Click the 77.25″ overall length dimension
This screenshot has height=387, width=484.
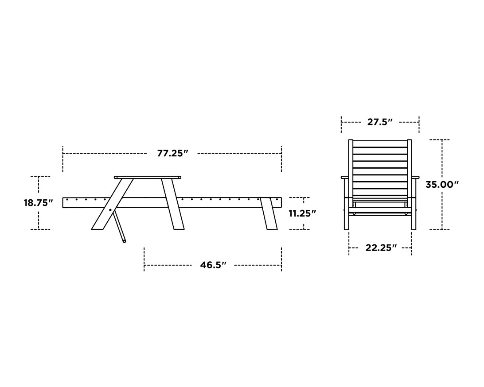click(172, 154)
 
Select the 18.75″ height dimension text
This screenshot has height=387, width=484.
click(38, 203)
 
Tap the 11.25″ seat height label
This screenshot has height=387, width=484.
click(302, 213)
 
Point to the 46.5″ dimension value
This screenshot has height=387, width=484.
click(213, 265)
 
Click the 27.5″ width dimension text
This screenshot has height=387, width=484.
click(380, 122)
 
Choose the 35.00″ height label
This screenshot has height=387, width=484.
click(442, 185)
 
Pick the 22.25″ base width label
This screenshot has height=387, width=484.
click(381, 248)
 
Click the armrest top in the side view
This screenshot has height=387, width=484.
click(147, 177)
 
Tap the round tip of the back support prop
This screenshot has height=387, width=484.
click(124, 241)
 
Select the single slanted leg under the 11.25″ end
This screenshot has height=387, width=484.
click(269, 213)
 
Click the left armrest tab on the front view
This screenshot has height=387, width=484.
click(344, 178)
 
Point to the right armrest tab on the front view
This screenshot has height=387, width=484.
click(415, 178)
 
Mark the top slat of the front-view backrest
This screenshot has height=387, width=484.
click(380, 144)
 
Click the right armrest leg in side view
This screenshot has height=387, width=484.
click(173, 204)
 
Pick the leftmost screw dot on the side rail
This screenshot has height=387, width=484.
click(67, 200)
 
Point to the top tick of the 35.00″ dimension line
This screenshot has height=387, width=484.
click(442, 140)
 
